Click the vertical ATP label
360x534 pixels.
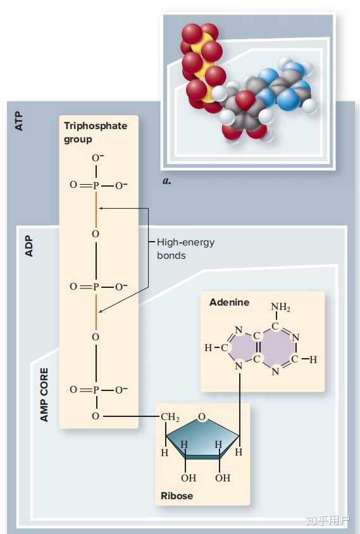(x=19, y=121)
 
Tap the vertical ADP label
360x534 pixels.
(x=29, y=245)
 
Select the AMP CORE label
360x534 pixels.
(x=44, y=395)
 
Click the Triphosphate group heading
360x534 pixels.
(x=96, y=132)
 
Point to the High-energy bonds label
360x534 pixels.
(x=185, y=249)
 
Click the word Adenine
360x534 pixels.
(x=229, y=302)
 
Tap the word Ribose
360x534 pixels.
(x=177, y=495)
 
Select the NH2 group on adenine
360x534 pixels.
(x=281, y=307)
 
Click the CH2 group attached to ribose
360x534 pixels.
(x=170, y=417)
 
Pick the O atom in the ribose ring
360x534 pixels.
(x=202, y=417)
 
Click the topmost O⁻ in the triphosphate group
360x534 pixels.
(x=97, y=158)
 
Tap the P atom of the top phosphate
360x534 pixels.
(x=96, y=185)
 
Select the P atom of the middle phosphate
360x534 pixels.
(x=96, y=287)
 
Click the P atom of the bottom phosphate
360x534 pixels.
(x=96, y=390)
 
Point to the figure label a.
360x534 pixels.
(x=166, y=181)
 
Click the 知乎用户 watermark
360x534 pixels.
(x=327, y=520)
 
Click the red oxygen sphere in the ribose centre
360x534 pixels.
(x=245, y=100)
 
